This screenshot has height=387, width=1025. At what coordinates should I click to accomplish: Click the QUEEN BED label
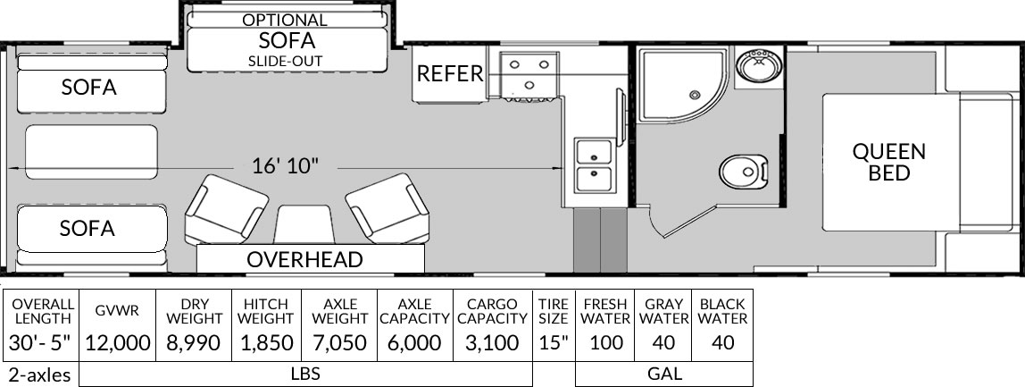click(x=889, y=162)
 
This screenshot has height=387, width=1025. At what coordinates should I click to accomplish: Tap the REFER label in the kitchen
click(x=450, y=74)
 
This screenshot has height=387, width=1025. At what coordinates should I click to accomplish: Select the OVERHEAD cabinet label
click(x=304, y=260)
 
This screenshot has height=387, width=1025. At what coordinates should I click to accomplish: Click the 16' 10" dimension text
click(x=285, y=165)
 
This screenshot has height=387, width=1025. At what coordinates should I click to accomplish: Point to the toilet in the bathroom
click(x=743, y=172)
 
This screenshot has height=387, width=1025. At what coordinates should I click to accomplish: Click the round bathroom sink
click(x=758, y=66)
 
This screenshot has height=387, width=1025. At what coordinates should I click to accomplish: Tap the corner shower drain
click(x=694, y=96)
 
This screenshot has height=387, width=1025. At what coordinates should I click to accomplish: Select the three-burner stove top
click(x=529, y=75)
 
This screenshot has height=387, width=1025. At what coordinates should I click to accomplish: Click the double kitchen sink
click(x=595, y=165)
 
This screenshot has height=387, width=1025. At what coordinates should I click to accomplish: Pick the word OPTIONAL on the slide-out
click(x=284, y=21)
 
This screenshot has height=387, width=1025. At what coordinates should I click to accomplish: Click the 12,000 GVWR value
click(x=118, y=342)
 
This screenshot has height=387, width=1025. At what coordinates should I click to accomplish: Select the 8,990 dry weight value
click(x=194, y=342)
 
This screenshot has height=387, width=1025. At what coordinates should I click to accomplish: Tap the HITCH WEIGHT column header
click(x=265, y=311)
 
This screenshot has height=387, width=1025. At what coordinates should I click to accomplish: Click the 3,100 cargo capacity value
click(x=492, y=342)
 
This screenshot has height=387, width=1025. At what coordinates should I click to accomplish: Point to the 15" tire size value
click(x=553, y=342)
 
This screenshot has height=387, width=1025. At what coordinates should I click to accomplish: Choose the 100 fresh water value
click(x=605, y=342)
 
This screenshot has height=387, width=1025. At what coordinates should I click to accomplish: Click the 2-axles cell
click(x=40, y=374)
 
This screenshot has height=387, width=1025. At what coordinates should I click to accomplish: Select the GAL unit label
click(x=664, y=374)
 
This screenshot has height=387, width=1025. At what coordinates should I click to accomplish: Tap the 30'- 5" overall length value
click(x=39, y=342)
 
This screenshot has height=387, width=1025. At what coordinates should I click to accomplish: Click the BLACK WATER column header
click(x=722, y=311)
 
